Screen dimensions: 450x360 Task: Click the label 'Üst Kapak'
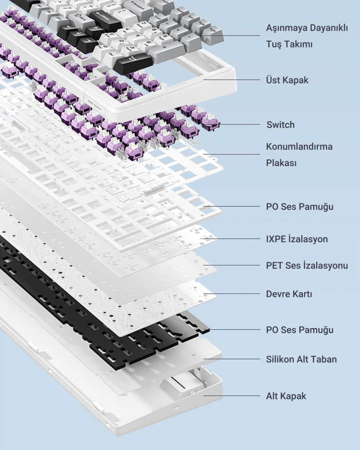pos(287,80)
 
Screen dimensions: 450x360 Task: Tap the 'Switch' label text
pos(280,124)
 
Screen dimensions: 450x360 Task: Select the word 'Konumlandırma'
pos(299,147)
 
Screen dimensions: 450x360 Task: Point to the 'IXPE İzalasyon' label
pos(297,239)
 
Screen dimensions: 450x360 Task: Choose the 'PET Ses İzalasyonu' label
pos(307,266)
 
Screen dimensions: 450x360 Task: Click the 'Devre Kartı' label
pos(289,295)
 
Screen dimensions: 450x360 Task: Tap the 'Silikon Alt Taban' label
pos(301,359)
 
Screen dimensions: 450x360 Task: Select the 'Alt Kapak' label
pos(286,396)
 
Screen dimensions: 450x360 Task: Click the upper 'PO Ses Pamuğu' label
pos(299,207)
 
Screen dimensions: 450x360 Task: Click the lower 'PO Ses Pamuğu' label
pos(299,330)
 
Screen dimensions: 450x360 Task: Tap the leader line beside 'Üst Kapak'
pos(231,80)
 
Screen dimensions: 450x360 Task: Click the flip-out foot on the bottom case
pos(179,384)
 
